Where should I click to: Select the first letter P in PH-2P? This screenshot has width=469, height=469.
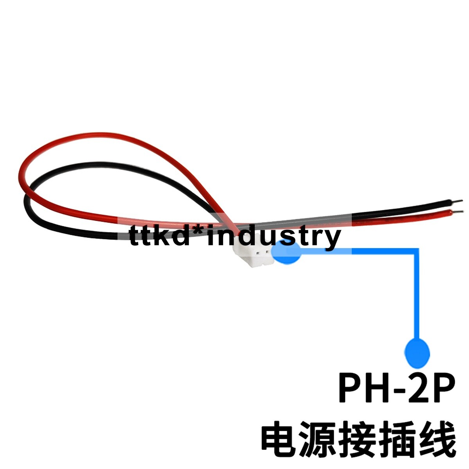pos(350,388)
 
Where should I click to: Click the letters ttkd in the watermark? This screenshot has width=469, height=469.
pos(160,236)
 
